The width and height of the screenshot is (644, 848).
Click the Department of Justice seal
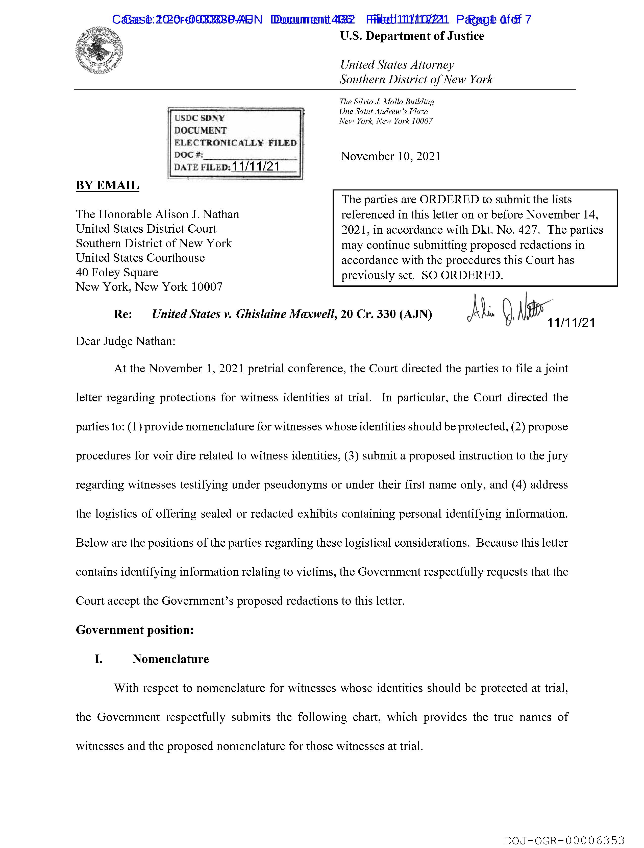click(x=99, y=51)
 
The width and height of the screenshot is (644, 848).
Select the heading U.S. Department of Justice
click(x=412, y=36)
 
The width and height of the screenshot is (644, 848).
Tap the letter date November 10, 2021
click(x=391, y=156)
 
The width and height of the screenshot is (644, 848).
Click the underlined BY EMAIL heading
click(x=107, y=186)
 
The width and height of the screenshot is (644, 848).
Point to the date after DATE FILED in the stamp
click(x=256, y=166)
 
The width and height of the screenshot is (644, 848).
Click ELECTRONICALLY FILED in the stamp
click(x=235, y=143)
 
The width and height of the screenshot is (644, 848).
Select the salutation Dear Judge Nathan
click(x=125, y=341)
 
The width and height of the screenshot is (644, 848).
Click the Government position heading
click(x=135, y=630)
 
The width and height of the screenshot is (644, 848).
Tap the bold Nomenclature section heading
click(x=170, y=659)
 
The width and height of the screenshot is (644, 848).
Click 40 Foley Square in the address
click(x=117, y=272)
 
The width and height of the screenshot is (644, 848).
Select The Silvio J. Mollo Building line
click(x=386, y=102)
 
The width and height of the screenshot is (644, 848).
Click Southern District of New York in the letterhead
click(x=416, y=79)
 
